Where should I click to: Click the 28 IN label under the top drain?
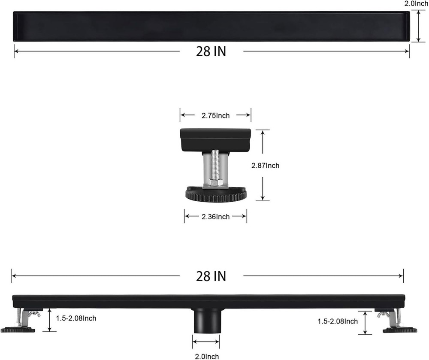211,51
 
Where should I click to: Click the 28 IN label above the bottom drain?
211,276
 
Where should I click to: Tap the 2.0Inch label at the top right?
416,4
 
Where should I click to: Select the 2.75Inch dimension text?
215,115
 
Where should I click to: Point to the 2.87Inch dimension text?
265,165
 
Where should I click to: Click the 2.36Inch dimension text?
215,217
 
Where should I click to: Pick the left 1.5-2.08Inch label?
76,318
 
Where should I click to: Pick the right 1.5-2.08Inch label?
338,321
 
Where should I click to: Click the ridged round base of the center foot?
216,196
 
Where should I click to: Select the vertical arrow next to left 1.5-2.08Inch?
50,320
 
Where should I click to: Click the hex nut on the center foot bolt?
216,182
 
